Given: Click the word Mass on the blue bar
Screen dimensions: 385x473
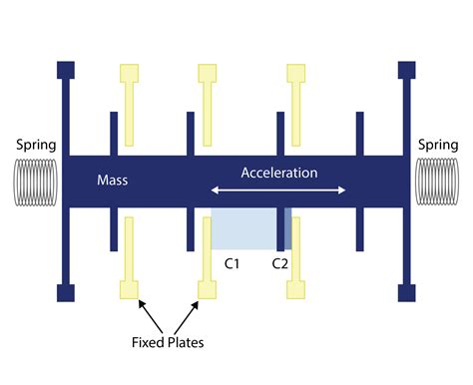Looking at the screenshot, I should (x=114, y=181).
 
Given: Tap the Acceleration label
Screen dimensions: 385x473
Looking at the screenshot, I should (x=278, y=173).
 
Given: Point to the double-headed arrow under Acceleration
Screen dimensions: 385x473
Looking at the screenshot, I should (x=278, y=191).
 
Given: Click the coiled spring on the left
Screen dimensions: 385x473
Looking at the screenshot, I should (x=36, y=182).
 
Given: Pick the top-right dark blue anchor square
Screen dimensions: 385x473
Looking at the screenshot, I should (x=406, y=70).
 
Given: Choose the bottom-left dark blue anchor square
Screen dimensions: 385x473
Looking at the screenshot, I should (x=66, y=292).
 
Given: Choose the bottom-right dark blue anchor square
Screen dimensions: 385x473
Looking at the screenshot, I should (x=406, y=292).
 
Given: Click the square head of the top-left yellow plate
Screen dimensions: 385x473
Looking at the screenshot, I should (x=129, y=73).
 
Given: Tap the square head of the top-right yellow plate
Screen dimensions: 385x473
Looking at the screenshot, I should (x=296, y=73).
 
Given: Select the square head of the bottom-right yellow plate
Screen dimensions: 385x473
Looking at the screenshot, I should (x=296, y=290).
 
